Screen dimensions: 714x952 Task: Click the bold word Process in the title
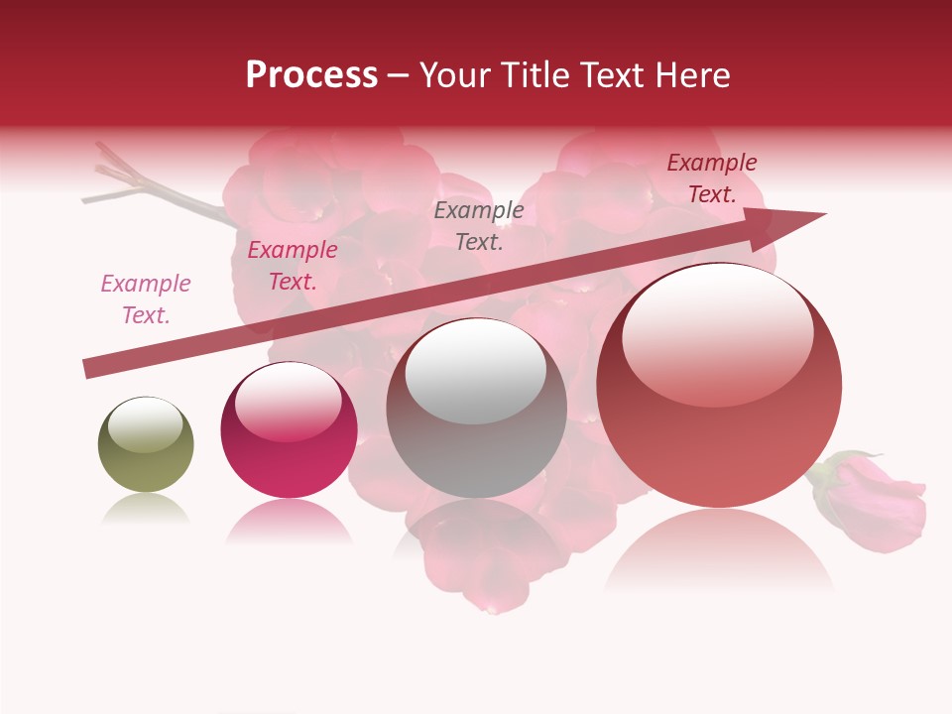(x=311, y=74)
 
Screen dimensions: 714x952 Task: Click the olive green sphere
(x=146, y=445)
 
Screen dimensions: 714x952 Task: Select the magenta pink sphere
(x=289, y=430)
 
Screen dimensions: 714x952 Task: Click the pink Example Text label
(x=146, y=299)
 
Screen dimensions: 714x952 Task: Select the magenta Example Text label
(x=293, y=266)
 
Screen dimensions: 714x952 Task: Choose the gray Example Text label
(x=479, y=225)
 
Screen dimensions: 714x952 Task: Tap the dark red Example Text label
(x=712, y=178)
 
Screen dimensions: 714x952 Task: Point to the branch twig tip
(x=99, y=149)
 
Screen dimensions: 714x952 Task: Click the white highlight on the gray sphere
(x=476, y=373)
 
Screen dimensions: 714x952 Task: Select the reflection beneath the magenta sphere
(x=289, y=522)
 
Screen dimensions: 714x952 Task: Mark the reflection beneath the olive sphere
(x=146, y=509)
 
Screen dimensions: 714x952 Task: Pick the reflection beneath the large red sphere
(x=719, y=550)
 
